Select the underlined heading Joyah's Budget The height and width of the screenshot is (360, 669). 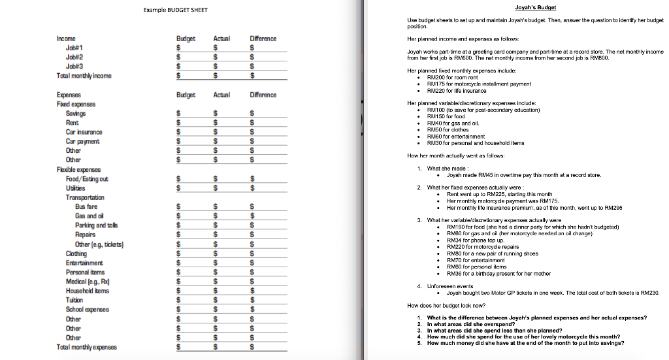pos(535,7)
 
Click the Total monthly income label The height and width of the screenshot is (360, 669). pos(84,76)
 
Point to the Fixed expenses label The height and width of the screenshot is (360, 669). pos(76,104)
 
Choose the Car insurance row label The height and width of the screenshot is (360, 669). pos(84,132)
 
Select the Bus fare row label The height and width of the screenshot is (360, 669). pos(87,206)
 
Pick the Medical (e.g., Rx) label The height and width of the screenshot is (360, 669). pos(87,282)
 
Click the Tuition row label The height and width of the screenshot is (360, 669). pos(74,301)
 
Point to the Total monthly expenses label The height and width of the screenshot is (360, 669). pos(87,347)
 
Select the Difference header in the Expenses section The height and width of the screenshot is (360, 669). pos(263,95)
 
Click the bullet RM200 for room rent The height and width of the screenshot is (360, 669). pos(458,76)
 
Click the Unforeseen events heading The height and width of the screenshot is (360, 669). pos(451,286)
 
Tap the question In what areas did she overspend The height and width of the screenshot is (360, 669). pos(480,324)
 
